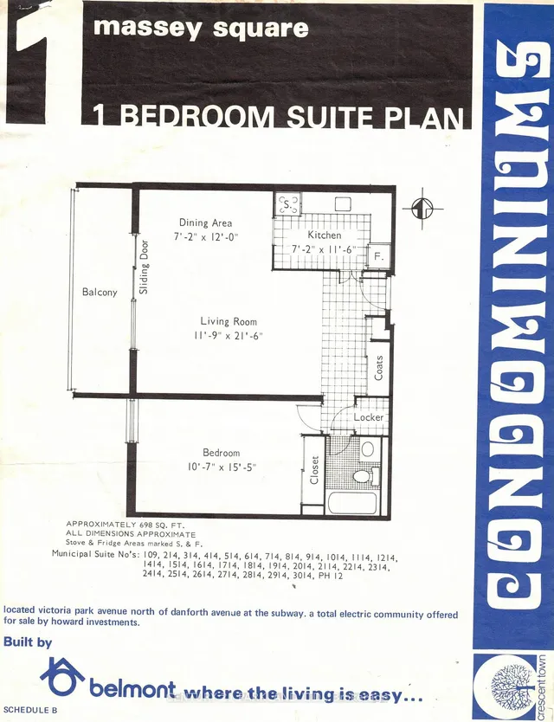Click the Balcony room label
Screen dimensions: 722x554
[100, 293]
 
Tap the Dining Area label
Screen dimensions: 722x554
[205, 222]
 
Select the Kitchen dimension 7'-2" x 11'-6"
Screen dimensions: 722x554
[324, 249]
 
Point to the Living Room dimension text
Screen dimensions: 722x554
[229, 336]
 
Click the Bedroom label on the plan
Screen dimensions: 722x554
[222, 453]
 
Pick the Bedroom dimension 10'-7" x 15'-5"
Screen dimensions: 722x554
[222, 467]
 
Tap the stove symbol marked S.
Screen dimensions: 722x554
[287, 204]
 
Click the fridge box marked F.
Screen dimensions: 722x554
[377, 256]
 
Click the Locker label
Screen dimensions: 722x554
[369, 417]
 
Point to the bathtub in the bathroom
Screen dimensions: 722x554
[351, 501]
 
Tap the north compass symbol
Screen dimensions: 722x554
[421, 208]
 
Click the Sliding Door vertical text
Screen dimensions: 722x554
[144, 267]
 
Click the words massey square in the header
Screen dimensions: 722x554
[200, 28]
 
